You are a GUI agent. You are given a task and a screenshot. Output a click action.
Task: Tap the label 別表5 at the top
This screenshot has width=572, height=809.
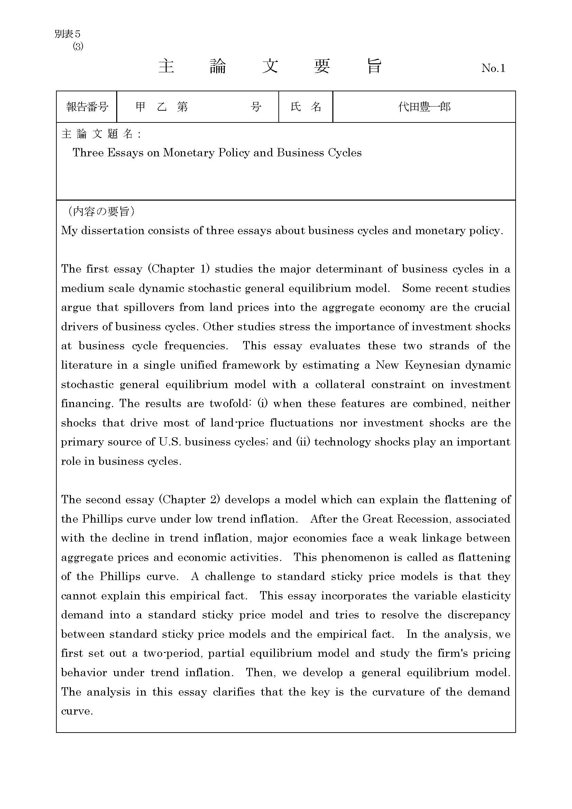(x=68, y=34)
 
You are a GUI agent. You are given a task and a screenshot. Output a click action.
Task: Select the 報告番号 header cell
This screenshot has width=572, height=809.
(x=87, y=107)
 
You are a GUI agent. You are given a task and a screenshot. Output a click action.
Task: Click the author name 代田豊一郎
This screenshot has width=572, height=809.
(x=424, y=107)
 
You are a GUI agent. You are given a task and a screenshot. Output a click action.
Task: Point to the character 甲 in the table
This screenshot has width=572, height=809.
(x=140, y=107)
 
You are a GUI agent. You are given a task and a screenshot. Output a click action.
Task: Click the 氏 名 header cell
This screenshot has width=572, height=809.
(x=306, y=107)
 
